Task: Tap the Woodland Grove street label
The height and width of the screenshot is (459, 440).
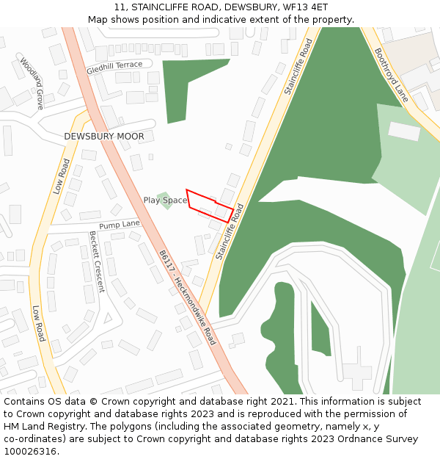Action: pyautogui.click(x=32, y=83)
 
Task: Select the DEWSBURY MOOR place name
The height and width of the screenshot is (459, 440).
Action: pyautogui.click(x=104, y=137)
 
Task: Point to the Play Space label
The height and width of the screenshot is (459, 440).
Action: pyautogui.click(x=165, y=200)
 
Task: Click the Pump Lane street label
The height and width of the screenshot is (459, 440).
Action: pyautogui.click(x=119, y=224)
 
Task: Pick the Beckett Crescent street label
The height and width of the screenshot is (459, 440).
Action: pyautogui.click(x=96, y=261)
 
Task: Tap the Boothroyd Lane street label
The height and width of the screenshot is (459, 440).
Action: pyautogui.click(x=392, y=75)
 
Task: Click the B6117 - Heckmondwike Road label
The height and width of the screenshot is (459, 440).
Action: pyautogui.click(x=188, y=297)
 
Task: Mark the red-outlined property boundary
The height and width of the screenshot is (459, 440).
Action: pyautogui.click(x=210, y=206)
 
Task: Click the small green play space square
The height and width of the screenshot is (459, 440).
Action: pyautogui.click(x=166, y=200)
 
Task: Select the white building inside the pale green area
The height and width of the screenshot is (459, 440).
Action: pyautogui.click(x=404, y=131)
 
